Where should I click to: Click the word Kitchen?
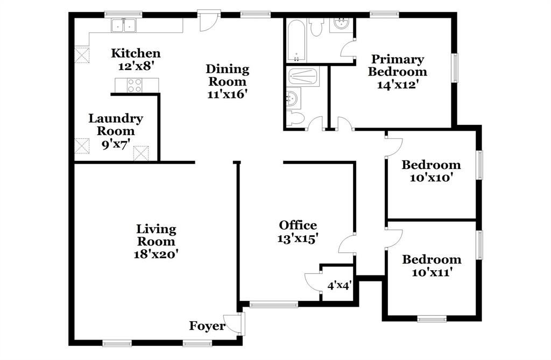pyautogui.click(x=136, y=53)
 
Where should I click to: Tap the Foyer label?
pyautogui.click(x=207, y=326)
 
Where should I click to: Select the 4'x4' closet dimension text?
pyautogui.click(x=339, y=285)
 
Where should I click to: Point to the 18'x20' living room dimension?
pyautogui.click(x=156, y=253)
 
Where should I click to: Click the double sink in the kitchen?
pyautogui.click(x=124, y=25)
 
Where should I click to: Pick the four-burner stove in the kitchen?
pyautogui.click(x=135, y=84)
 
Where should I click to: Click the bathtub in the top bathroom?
pyautogui.click(x=296, y=40)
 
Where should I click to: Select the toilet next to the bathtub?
pyautogui.click(x=316, y=27)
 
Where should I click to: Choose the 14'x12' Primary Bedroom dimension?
pyautogui.click(x=398, y=84)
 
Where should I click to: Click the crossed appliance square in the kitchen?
pyautogui.click(x=82, y=54)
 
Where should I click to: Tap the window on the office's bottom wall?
pyautogui.click(x=274, y=305)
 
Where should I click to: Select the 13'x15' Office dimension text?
pyautogui.click(x=298, y=238)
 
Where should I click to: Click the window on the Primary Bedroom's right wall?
pyautogui.click(x=455, y=68)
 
